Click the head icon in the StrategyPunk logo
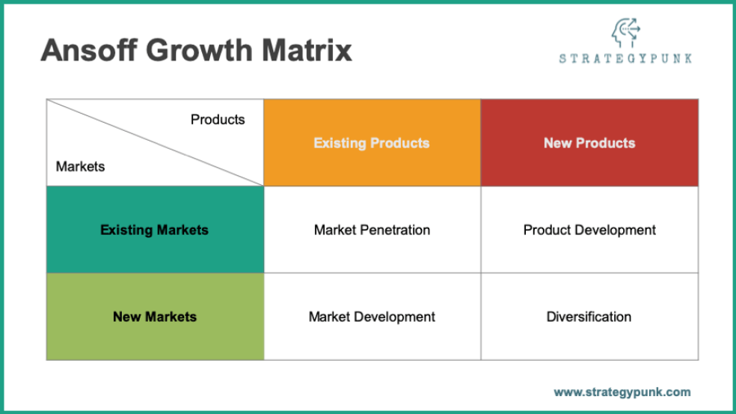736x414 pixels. tap(625, 32)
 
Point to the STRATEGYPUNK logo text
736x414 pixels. tap(625, 58)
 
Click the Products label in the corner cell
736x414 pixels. tap(218, 120)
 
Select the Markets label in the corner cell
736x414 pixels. tap(80, 166)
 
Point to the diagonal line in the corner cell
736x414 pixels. tap(155, 142)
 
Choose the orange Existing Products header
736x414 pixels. tap(372, 143)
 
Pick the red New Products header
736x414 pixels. tap(589, 143)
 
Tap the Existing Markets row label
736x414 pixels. tap(155, 230)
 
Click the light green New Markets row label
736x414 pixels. tap(155, 317)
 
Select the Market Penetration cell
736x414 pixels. tap(372, 230)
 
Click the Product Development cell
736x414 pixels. tap(589, 230)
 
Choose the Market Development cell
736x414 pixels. tap(372, 317)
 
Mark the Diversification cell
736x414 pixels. tap(589, 317)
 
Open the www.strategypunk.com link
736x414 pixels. tap(622, 392)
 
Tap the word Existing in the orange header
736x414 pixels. tap(339, 143)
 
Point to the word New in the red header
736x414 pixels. tap(558, 143)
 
